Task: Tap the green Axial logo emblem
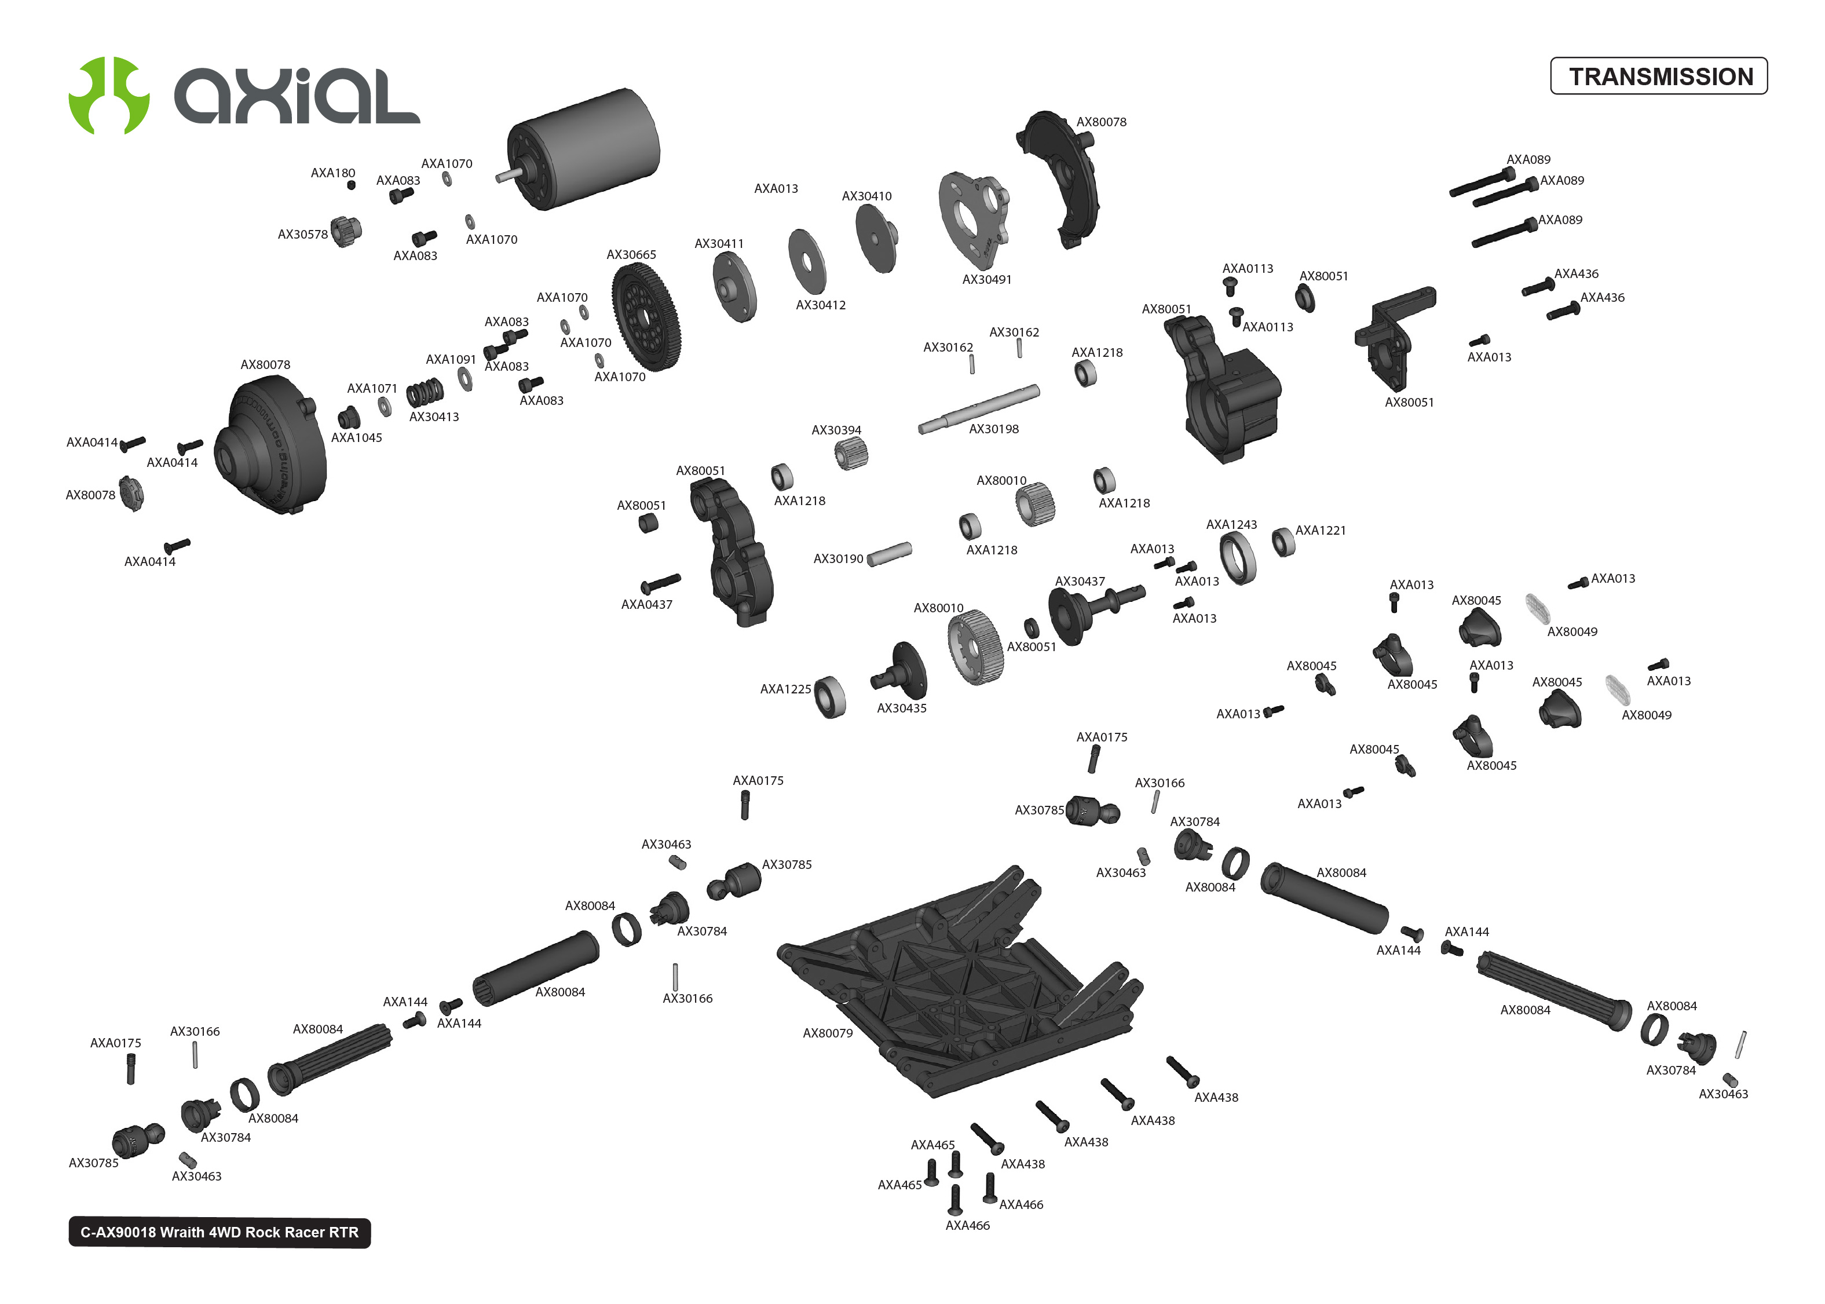(108, 96)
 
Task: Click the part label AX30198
(993, 430)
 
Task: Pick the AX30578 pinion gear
(346, 231)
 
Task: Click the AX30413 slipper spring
(425, 393)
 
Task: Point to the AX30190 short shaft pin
(889, 553)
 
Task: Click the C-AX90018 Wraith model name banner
(219, 1233)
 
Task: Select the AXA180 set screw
(351, 185)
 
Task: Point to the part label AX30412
(820, 305)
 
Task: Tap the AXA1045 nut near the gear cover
(348, 418)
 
